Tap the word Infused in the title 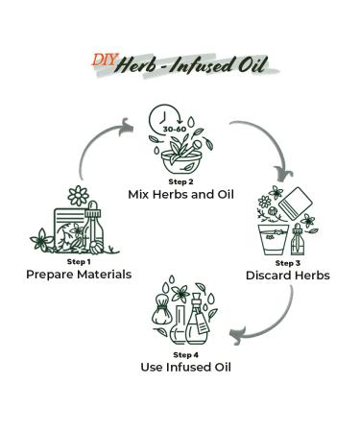[x=215, y=65]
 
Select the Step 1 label [x=78, y=261]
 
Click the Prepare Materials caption [x=78, y=275]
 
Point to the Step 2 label [x=180, y=180]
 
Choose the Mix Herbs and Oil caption [x=180, y=194]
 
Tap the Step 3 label [x=287, y=262]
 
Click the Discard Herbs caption [x=287, y=276]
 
